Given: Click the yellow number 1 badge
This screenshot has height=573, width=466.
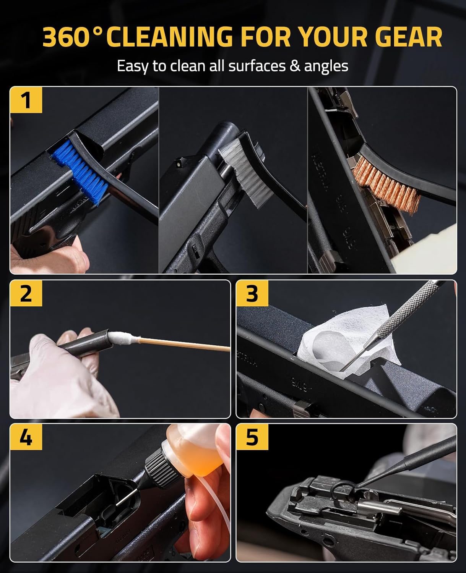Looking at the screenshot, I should click(x=26, y=100).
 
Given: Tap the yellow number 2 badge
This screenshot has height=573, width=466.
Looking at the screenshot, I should click(x=26, y=293).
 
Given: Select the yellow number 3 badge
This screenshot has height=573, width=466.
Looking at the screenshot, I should click(x=252, y=293).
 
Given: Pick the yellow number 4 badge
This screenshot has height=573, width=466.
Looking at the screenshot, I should click(x=26, y=437).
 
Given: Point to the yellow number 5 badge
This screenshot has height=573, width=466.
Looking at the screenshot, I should click(x=252, y=437).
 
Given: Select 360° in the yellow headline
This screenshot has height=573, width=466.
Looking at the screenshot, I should click(x=72, y=37).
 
